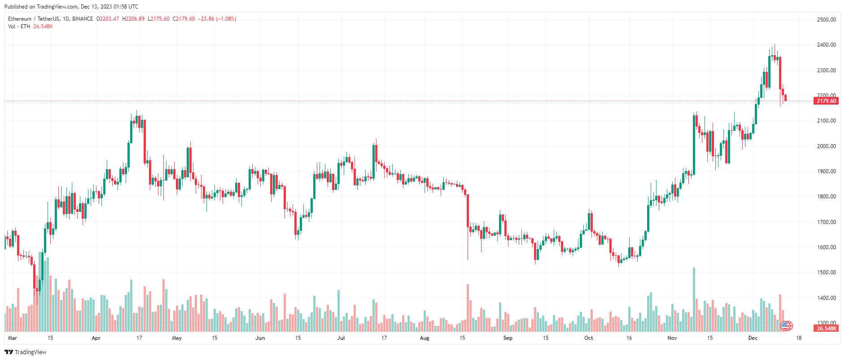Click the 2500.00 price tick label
[826, 20]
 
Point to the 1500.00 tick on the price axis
[826, 272]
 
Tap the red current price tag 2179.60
[826, 101]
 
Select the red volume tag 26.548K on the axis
[826, 329]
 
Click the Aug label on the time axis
[424, 338]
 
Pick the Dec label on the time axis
[753, 338]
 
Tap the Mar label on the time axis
[13, 338]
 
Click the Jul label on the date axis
[341, 338]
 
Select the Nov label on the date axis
[672, 338]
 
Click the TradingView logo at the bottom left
[26, 352]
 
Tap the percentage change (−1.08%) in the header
[226, 19]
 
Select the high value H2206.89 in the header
[133, 19]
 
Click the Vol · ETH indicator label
[19, 26]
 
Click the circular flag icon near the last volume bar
[786, 326]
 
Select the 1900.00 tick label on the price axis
[826, 171]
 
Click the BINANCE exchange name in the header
[83, 19]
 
